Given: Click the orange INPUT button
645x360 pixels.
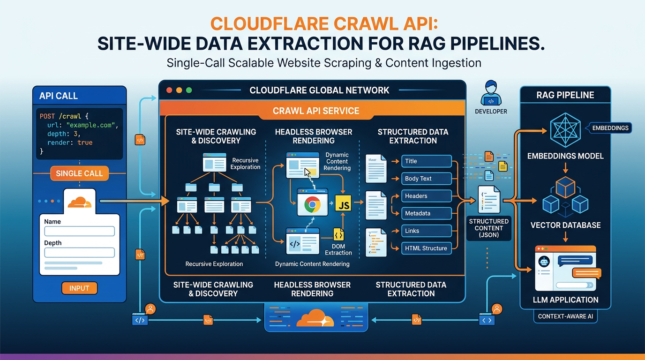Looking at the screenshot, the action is [80, 288].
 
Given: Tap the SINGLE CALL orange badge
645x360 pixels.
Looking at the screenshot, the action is [80, 173].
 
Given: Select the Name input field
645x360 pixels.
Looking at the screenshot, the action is [80, 231].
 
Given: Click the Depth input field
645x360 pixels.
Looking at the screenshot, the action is [80, 253].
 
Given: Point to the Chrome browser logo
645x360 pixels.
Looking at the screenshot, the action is [312, 204].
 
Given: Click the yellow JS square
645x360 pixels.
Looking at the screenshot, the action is [343, 203].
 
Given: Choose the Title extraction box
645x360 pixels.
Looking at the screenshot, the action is [427, 161].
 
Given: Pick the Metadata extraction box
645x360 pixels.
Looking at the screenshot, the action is [427, 213].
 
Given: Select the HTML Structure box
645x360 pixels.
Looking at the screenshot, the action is [427, 248].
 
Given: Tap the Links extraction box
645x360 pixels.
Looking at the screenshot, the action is [427, 231].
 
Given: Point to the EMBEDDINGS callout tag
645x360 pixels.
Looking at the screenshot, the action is [610, 128].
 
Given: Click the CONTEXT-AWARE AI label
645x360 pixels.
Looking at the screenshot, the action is [565, 316].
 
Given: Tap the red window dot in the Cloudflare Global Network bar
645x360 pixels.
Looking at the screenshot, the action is [169, 90].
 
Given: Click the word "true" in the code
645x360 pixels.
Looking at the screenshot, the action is [85, 142].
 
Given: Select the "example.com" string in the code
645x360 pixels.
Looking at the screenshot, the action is [91, 125].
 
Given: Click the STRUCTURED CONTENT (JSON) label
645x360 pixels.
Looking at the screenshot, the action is [488, 228].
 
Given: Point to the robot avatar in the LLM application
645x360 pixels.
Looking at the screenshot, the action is [544, 262].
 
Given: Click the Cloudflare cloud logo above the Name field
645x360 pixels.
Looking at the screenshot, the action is [80, 202].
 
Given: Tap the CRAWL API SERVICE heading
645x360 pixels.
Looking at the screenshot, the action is [316, 111].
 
